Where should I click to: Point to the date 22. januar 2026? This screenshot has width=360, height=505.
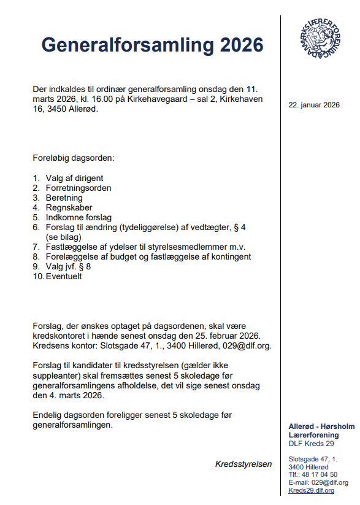click(314, 105)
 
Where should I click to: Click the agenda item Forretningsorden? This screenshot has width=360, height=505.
click(79, 188)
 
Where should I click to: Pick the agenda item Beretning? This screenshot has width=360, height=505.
click(64, 198)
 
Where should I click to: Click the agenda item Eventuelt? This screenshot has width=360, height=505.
click(64, 276)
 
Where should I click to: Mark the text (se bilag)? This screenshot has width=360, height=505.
click(64, 237)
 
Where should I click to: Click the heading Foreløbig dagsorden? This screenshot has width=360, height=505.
click(74, 158)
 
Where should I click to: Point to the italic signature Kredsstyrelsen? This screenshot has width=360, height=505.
click(243, 464)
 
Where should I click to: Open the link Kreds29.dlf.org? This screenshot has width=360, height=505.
click(311, 490)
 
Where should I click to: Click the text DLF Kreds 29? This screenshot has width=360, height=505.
click(311, 443)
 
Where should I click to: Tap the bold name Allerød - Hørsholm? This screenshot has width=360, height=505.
click(321, 426)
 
